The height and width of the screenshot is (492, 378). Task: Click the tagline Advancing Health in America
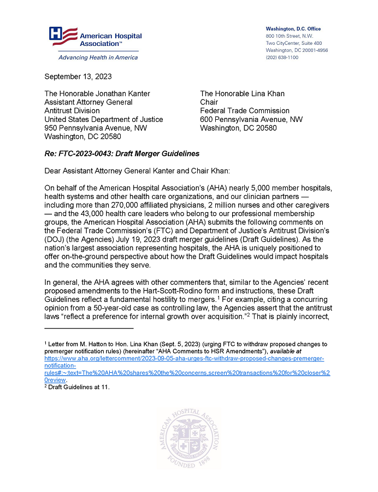point(91,57)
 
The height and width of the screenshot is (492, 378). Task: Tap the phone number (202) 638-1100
point(282,57)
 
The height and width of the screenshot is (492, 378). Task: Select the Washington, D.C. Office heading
point(293,29)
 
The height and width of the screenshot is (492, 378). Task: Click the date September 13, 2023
point(78,77)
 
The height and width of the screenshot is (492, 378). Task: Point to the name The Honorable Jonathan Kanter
point(97,93)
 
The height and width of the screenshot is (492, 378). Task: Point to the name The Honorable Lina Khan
point(242,93)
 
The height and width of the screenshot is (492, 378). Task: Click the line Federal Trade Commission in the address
point(245,110)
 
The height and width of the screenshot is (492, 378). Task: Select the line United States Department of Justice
point(103,119)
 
